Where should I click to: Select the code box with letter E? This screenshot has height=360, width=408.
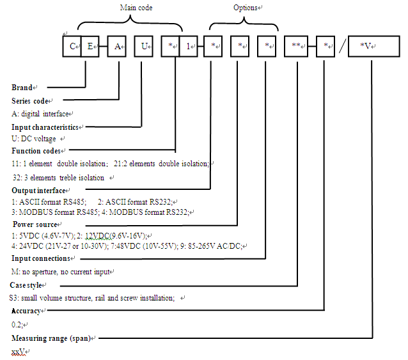[90, 47]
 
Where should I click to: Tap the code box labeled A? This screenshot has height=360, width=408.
[116, 47]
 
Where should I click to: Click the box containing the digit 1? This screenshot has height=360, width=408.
[189, 47]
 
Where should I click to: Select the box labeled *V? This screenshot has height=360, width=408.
[373, 47]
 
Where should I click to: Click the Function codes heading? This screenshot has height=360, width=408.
[36, 151]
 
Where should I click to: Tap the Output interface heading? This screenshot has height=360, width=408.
[38, 191]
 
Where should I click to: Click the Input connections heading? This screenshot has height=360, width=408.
[41, 258]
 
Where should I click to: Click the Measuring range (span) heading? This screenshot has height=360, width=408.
[51, 337]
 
